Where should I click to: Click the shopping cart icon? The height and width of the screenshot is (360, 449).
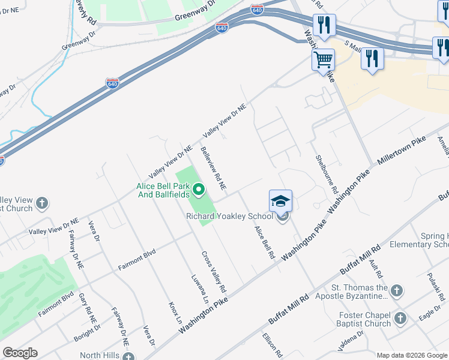[x=323, y=60]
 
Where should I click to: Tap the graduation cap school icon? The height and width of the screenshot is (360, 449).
[x=280, y=201]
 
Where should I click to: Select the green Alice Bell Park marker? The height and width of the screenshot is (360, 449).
[x=199, y=191]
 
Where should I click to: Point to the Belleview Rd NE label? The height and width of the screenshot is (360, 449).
[x=213, y=169]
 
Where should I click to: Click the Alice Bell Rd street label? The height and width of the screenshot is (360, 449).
[x=264, y=243]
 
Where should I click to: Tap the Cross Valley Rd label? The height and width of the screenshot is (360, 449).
[x=214, y=271]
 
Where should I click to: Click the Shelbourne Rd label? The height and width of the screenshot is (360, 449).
[x=327, y=173]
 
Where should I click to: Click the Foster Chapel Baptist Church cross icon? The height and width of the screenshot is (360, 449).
[x=400, y=317]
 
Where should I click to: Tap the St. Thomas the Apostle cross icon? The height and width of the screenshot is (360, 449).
[x=396, y=292]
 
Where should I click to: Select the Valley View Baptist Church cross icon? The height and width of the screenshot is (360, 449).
[x=42, y=203]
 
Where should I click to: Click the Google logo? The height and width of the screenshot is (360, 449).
[x=20, y=353]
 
